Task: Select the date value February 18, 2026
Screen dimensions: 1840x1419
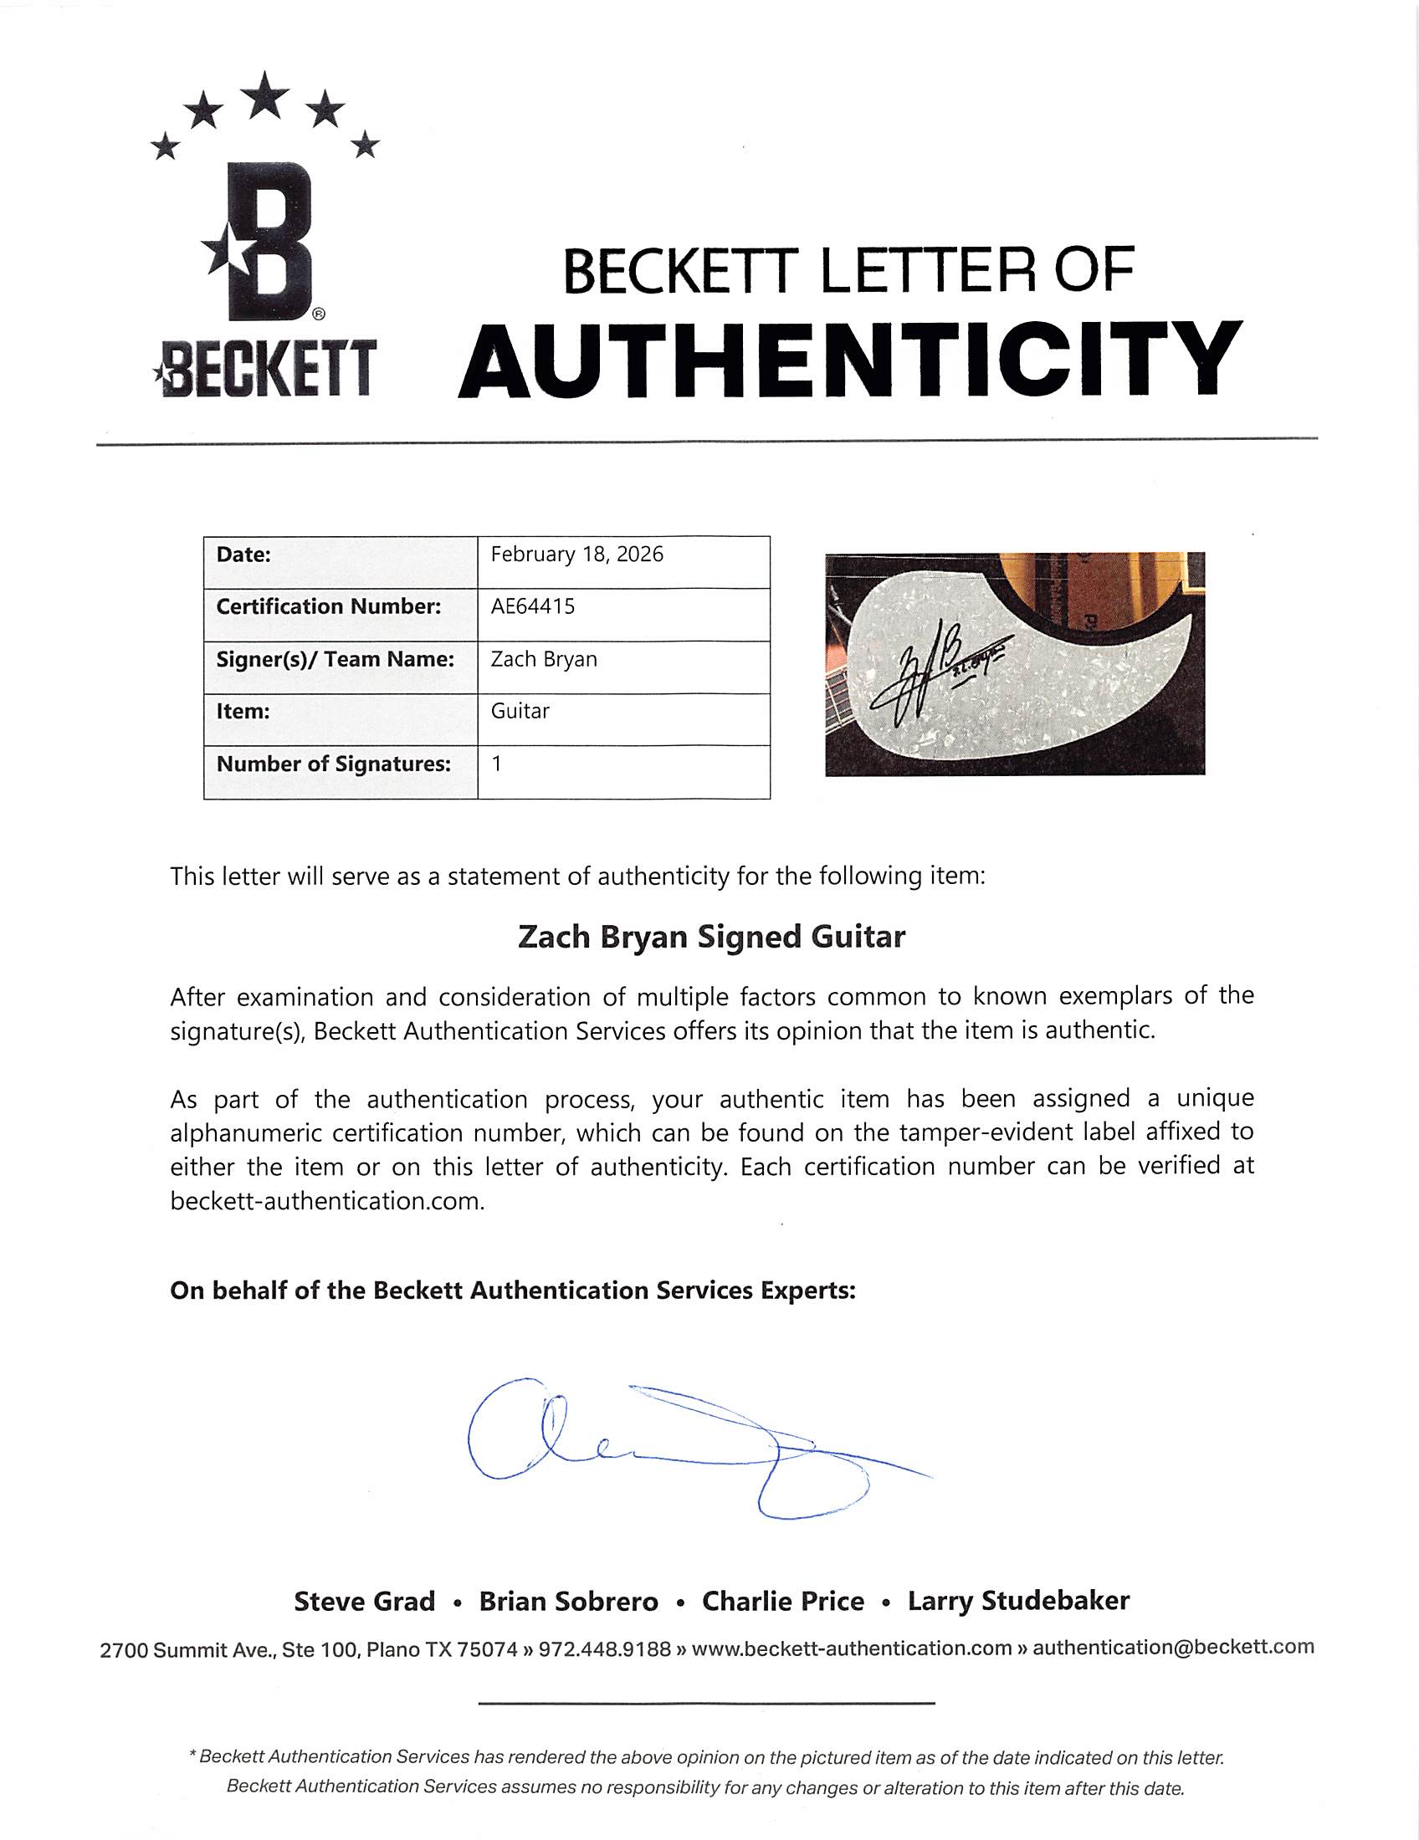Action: click(577, 555)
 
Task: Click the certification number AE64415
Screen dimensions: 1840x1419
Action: click(533, 606)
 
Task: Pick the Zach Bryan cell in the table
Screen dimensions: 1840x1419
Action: click(544, 659)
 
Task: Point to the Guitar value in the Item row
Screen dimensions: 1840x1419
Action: click(520, 711)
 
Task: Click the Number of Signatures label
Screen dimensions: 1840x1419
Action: click(334, 764)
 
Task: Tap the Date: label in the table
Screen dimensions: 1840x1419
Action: click(243, 555)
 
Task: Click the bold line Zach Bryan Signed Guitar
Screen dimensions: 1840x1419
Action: click(711, 937)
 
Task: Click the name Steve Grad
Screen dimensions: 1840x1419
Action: click(364, 1602)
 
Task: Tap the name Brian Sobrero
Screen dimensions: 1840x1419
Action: click(569, 1602)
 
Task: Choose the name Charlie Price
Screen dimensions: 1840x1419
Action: click(783, 1602)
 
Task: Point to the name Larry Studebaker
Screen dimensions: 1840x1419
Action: click(1018, 1601)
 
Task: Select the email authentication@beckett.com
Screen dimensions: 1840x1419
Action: click(1173, 1647)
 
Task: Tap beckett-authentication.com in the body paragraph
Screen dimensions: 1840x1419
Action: click(326, 1200)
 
